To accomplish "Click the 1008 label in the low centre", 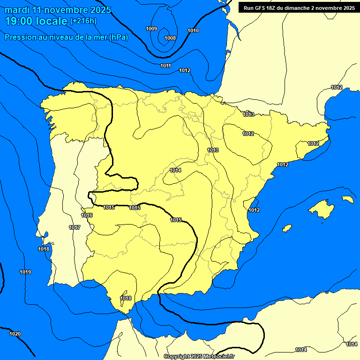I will [x=170, y=38].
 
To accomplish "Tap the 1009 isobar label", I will [x=151, y=29].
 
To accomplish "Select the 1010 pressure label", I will [x=193, y=30].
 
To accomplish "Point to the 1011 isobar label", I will [x=165, y=66].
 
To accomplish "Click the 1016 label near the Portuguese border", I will [x=87, y=215].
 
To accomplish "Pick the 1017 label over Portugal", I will [x=75, y=227].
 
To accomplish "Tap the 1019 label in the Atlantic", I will [x=25, y=272].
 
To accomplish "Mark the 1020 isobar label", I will [x=15, y=334].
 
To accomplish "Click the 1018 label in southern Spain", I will [x=126, y=298].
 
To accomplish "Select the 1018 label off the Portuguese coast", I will [x=44, y=249].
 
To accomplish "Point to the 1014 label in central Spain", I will [x=175, y=170].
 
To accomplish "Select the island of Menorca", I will [x=347, y=199].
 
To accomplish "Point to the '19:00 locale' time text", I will [x=36, y=21].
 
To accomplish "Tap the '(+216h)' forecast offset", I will [x=83, y=21].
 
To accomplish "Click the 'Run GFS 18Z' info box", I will [x=299, y=7].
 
